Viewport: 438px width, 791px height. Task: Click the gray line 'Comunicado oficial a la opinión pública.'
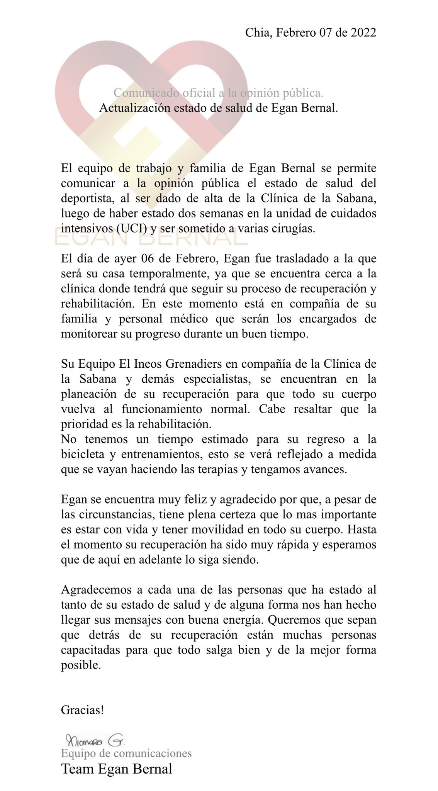pyautogui.click(x=218, y=93)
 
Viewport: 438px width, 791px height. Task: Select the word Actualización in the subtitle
pyautogui.click(x=129, y=108)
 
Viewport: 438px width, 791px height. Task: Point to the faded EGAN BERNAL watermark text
pyautogui.click(x=151, y=238)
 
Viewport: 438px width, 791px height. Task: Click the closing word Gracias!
pyautogui.click(x=82, y=710)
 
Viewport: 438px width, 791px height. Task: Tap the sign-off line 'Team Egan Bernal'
pyautogui.click(x=116, y=769)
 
